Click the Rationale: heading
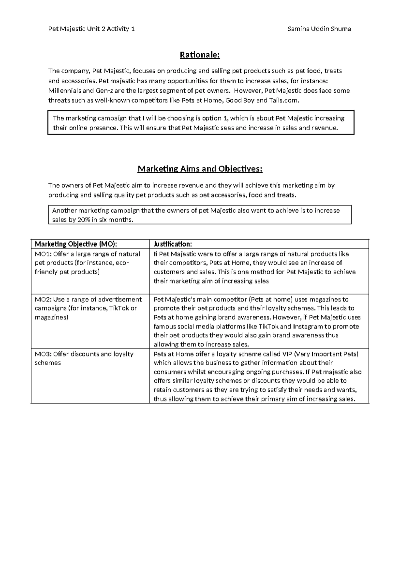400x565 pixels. [200, 55]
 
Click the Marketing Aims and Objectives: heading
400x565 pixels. [200, 169]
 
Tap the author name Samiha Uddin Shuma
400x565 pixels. [319, 29]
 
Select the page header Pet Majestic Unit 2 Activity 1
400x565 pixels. [92, 29]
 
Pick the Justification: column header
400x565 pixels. [173, 244]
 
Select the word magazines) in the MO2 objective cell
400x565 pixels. [51, 317]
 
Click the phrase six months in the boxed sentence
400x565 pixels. [115, 220]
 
